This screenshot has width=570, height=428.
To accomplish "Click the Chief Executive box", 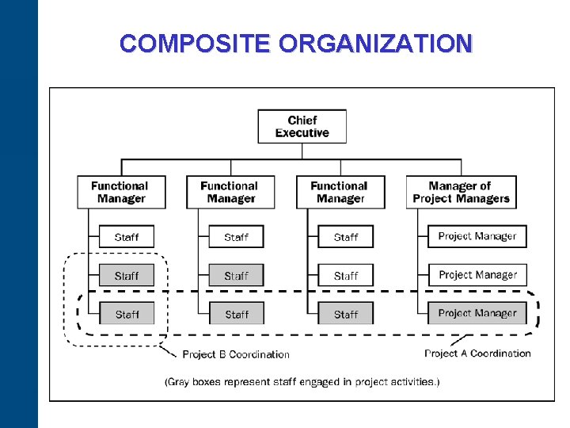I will click(x=302, y=127).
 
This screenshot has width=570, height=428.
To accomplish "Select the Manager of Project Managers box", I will click(x=461, y=192).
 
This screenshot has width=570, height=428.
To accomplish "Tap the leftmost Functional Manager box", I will click(x=121, y=192).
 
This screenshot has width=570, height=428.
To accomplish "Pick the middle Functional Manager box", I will click(x=230, y=192).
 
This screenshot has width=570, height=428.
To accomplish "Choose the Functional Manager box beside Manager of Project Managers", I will click(x=340, y=192).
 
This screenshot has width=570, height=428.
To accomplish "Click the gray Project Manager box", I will click(x=477, y=313).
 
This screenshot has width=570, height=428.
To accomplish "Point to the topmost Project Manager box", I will click(x=477, y=236).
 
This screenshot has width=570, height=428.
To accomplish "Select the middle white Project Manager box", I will click(x=477, y=275).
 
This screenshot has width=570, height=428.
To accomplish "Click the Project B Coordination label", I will click(x=236, y=354).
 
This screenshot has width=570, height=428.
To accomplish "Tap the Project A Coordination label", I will click(x=477, y=353).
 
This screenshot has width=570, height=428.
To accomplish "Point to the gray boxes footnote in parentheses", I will click(x=302, y=382).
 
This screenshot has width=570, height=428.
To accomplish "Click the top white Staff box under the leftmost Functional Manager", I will click(x=127, y=237).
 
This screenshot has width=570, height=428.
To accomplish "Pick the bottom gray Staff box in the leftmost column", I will click(x=127, y=314).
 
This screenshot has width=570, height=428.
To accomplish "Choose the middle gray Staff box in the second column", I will click(x=236, y=276).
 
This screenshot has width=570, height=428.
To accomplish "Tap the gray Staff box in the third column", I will click(x=345, y=314).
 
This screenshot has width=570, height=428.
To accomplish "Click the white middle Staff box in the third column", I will click(x=345, y=276).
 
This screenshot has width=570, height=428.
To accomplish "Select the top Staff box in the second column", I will click(x=236, y=237).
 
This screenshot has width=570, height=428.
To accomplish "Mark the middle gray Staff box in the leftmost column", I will click(x=127, y=276).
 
